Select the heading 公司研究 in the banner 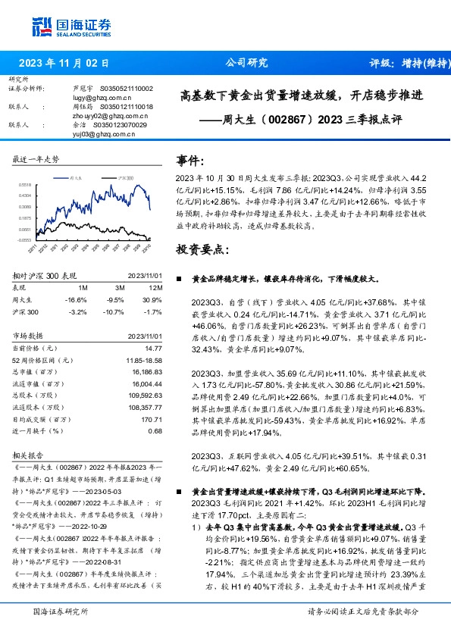(x=246, y=64)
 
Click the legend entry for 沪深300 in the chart (x=124, y=176)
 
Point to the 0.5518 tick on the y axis (x=24, y=184)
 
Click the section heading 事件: (x=190, y=160)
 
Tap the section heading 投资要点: (x=202, y=249)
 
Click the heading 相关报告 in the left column (x=30, y=457)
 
